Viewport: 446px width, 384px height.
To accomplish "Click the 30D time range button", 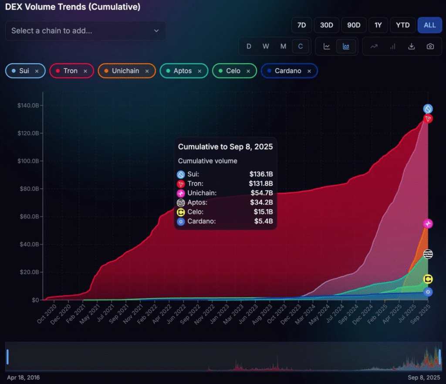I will (x=326, y=25).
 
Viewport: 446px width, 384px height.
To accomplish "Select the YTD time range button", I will (x=402, y=25).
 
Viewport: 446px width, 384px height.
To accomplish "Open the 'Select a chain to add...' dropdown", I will (x=85, y=31).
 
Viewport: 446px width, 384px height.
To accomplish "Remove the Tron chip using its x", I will (x=85, y=71).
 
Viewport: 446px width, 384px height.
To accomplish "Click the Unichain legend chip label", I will (x=125, y=71).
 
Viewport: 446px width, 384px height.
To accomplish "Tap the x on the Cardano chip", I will (x=309, y=71).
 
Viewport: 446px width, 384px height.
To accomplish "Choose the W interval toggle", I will (x=266, y=46).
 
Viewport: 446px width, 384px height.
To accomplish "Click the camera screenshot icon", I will (x=430, y=46).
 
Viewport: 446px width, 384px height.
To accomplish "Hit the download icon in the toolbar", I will (x=411, y=46).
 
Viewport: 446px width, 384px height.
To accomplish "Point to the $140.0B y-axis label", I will (x=28, y=105).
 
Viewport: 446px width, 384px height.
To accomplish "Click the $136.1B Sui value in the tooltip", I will (x=261, y=174).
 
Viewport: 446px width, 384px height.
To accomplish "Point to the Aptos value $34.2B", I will (x=261, y=202).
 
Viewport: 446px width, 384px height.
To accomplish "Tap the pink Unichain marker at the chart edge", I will (x=428, y=224).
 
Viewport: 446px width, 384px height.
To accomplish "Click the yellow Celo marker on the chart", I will (x=428, y=279).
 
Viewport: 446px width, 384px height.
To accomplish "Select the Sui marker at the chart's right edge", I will (x=428, y=109).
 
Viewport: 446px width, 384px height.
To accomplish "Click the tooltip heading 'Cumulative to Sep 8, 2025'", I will (x=225, y=147).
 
